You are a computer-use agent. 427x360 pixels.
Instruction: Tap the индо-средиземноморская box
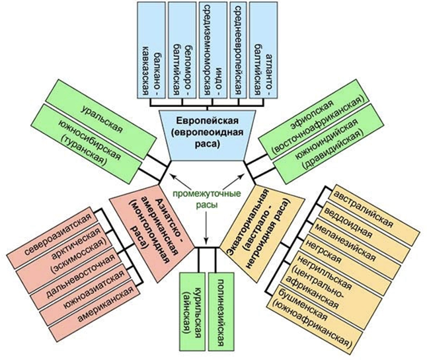(x=212, y=50)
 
